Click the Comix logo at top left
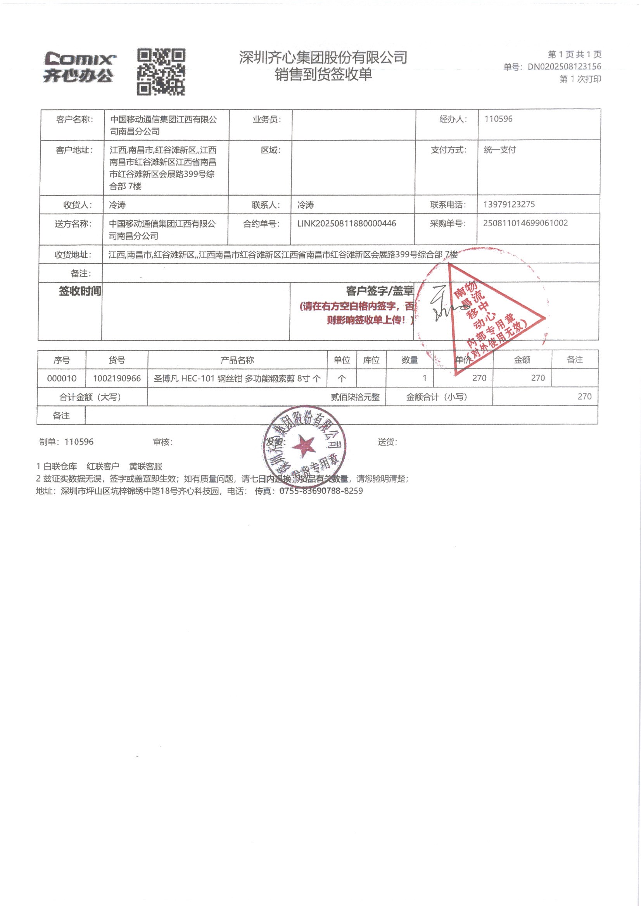pyautogui.click(x=79, y=67)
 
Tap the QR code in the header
pyautogui.click(x=161, y=72)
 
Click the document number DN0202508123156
pyautogui.click(x=564, y=67)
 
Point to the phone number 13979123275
pyautogui.click(x=509, y=204)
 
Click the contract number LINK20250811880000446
pyautogui.click(x=346, y=223)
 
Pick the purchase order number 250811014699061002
pyautogui.click(x=525, y=223)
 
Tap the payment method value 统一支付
pyautogui.click(x=499, y=150)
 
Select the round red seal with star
pyautogui.click(x=304, y=446)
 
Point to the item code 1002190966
pyautogui.click(x=117, y=379)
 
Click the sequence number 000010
pyautogui.click(x=62, y=379)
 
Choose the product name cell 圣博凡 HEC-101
pyautogui.click(x=237, y=379)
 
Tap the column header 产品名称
pyautogui.click(x=237, y=360)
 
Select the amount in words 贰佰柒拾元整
pyautogui.click(x=355, y=397)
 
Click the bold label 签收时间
pyautogui.click(x=80, y=291)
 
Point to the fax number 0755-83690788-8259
pyautogui.click(x=321, y=491)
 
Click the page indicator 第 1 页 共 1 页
pyautogui.click(x=574, y=55)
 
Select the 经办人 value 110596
pyautogui.click(x=498, y=119)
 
